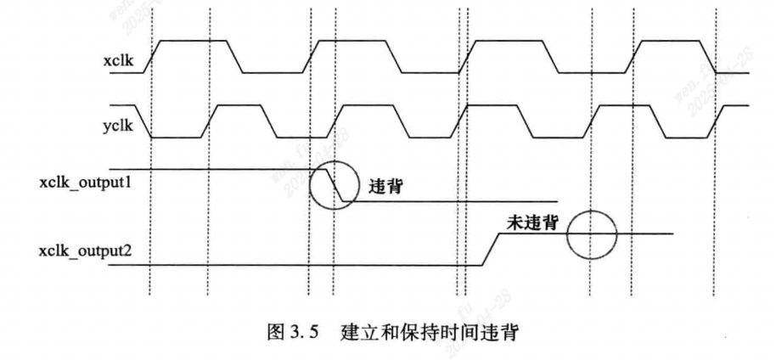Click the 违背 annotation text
[x=384, y=188]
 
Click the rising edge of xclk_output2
[x=488, y=250]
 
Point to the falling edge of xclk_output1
[x=335, y=185]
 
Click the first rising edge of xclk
[x=151, y=56]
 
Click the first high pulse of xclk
[x=192, y=41]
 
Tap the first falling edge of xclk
[x=235, y=56]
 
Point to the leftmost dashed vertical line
[x=150, y=170]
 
